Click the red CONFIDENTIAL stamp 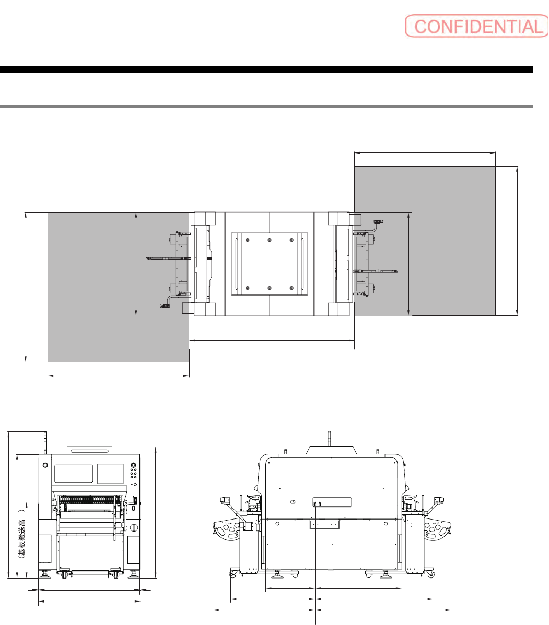[x=477, y=26]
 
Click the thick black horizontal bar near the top [x=266, y=69]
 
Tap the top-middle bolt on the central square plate [x=270, y=240]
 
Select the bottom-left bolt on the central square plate [x=248, y=288]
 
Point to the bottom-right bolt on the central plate [x=291, y=288]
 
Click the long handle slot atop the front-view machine [x=90, y=451]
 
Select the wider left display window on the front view [x=74, y=474]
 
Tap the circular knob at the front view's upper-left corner [x=45, y=465]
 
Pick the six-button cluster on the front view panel [x=134, y=474]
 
